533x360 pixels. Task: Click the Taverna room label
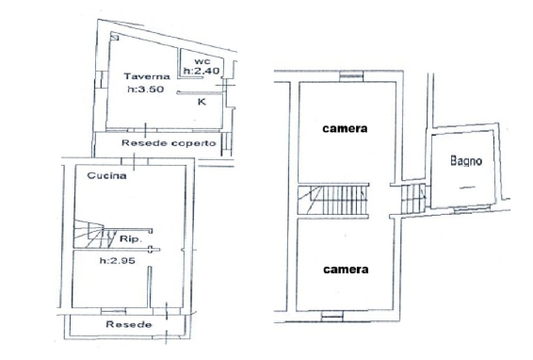147,76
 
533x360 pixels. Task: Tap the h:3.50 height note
146,90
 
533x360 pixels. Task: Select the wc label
202,61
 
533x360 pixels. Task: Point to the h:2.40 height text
202,71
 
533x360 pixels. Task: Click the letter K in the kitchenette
202,102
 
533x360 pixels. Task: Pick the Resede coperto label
169,143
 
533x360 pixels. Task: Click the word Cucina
106,175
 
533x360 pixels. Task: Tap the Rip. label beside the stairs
131,238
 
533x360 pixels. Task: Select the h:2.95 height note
118,261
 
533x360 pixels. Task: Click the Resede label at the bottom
129,324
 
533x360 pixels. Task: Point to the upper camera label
345,128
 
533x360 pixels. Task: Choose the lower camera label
346,270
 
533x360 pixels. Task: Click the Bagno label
466,160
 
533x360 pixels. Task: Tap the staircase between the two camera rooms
333,200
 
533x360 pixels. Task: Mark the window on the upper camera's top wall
351,76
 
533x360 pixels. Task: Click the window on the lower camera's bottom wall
332,316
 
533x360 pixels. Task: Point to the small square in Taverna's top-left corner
115,37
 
